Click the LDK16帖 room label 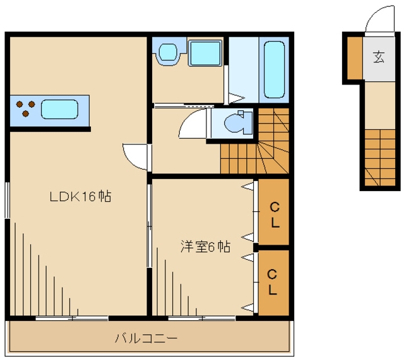coord(81,197)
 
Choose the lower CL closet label coord(272,282)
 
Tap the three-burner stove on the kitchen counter coord(25,108)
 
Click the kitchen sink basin coord(59,109)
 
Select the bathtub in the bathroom coord(273,69)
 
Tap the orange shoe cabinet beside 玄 coord(353,59)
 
